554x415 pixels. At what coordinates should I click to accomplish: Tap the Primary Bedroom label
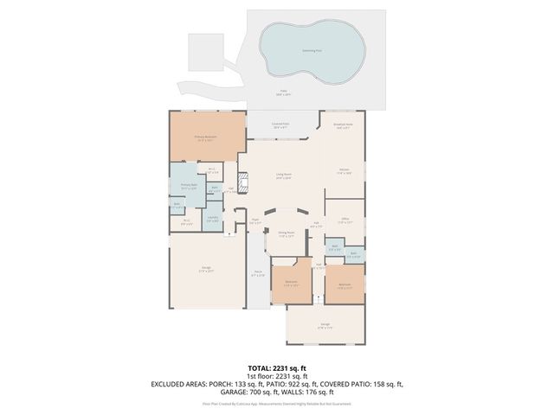click(204, 137)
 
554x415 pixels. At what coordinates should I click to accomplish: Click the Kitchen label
click(344, 170)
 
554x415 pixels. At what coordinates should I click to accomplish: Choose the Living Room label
click(283, 176)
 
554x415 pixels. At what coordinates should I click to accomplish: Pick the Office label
click(344, 220)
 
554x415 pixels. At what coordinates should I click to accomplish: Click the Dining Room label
click(286, 234)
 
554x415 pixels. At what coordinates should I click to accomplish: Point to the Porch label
click(258, 274)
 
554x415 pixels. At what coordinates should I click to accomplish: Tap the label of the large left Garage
click(206, 270)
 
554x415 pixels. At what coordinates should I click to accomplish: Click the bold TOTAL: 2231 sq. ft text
click(277, 368)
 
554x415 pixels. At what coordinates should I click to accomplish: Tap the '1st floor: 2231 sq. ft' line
click(277, 376)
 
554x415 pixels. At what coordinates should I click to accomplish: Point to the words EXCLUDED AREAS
click(180, 384)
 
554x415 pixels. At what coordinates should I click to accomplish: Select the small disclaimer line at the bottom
click(277, 403)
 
